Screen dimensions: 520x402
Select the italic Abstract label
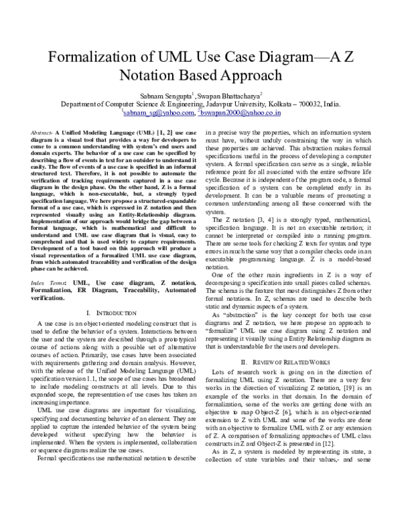(42, 134)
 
